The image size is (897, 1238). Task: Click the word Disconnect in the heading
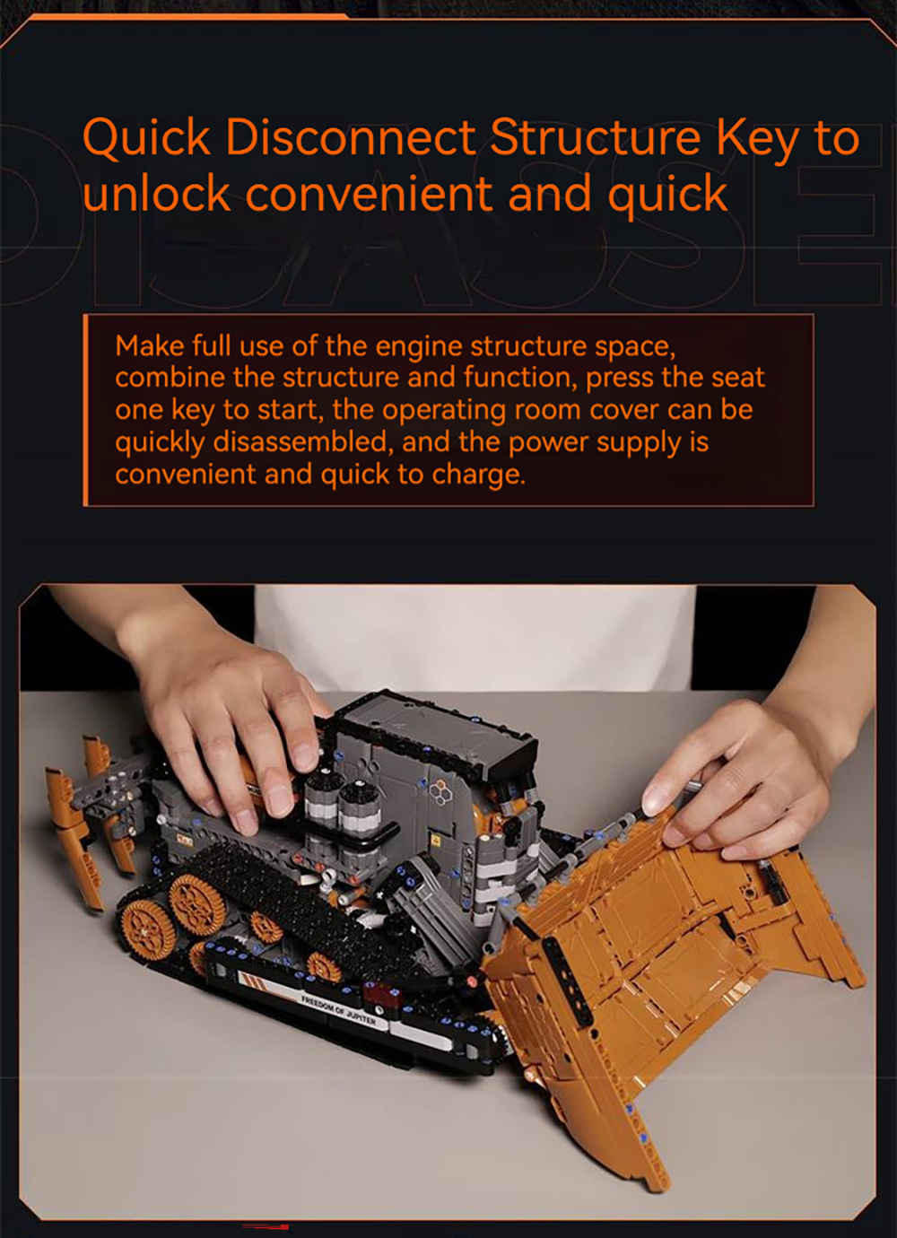coord(351,136)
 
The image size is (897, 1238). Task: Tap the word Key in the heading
coord(758,139)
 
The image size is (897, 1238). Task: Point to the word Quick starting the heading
coord(146,137)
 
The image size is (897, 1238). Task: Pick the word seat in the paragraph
coord(738,378)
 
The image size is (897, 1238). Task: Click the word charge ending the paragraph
coord(478,475)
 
